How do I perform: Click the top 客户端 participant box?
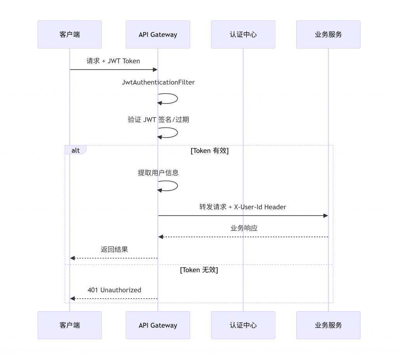[x=70, y=35]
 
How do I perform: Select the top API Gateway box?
[x=158, y=35]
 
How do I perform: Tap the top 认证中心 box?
[x=243, y=35]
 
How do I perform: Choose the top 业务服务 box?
[x=328, y=35]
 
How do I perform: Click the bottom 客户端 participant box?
[x=70, y=325]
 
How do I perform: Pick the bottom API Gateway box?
[x=158, y=325]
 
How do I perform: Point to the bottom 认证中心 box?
[x=243, y=325]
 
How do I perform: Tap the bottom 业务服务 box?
[x=328, y=325]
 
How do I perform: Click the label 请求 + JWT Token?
[x=113, y=61]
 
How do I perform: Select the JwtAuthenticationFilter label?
[x=158, y=82]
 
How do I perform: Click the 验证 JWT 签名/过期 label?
[x=158, y=120]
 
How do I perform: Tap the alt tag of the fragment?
[x=75, y=150]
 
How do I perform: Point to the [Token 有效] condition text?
[x=209, y=151]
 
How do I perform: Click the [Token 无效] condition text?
[x=199, y=270]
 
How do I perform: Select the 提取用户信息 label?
[x=158, y=173]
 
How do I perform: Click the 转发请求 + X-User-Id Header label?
[x=243, y=207]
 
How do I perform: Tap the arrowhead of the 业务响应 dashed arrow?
[x=161, y=237]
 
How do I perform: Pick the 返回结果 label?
[x=114, y=250]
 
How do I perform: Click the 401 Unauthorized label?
[x=114, y=290]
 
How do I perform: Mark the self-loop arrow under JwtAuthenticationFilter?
[x=177, y=98]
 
